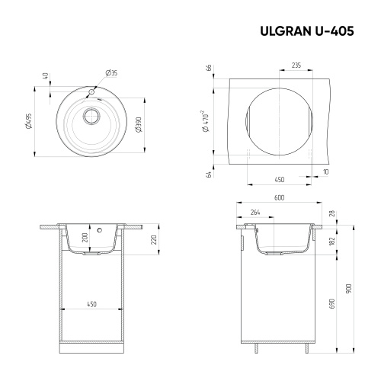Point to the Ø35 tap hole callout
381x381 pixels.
(111, 74)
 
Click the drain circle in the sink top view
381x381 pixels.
(91, 117)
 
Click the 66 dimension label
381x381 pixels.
(208, 68)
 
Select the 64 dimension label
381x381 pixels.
(208, 174)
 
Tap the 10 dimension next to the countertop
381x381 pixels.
(325, 172)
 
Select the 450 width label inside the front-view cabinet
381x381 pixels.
(91, 305)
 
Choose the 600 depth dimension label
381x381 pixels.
(279, 200)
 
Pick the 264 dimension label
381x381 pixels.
(255, 213)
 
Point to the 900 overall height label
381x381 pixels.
(349, 290)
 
